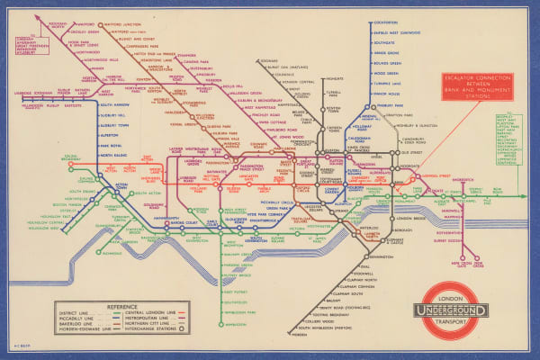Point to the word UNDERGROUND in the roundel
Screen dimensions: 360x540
click(x=452, y=311)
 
